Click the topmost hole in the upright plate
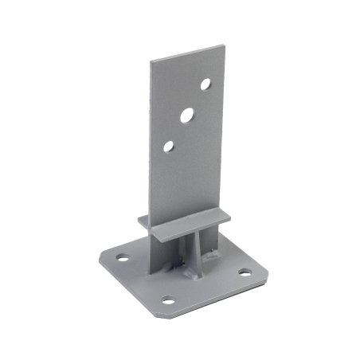(x=205, y=83)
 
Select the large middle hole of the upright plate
(x=186, y=115)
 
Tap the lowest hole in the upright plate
(x=168, y=146)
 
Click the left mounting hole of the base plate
(x=123, y=258)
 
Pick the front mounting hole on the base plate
(x=168, y=300)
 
